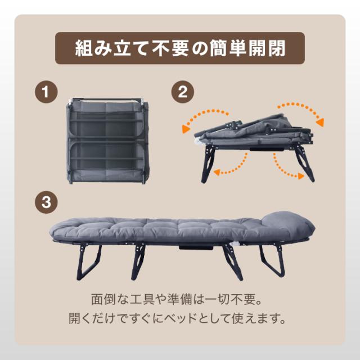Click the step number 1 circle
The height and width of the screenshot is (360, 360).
[x=46, y=92]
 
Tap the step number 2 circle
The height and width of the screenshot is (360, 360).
[x=182, y=92]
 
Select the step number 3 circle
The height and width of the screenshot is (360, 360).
[x=46, y=202]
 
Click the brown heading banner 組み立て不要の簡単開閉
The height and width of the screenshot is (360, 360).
[x=180, y=48]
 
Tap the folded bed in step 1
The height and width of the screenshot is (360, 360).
[x=108, y=141]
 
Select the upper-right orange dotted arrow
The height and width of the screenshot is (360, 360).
[x=301, y=113]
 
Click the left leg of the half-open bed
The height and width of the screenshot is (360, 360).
[x=207, y=164]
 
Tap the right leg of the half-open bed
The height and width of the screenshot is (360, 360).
[x=304, y=164]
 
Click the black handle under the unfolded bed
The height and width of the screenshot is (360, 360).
[x=196, y=247]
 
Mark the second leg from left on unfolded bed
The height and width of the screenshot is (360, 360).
[x=138, y=262]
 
